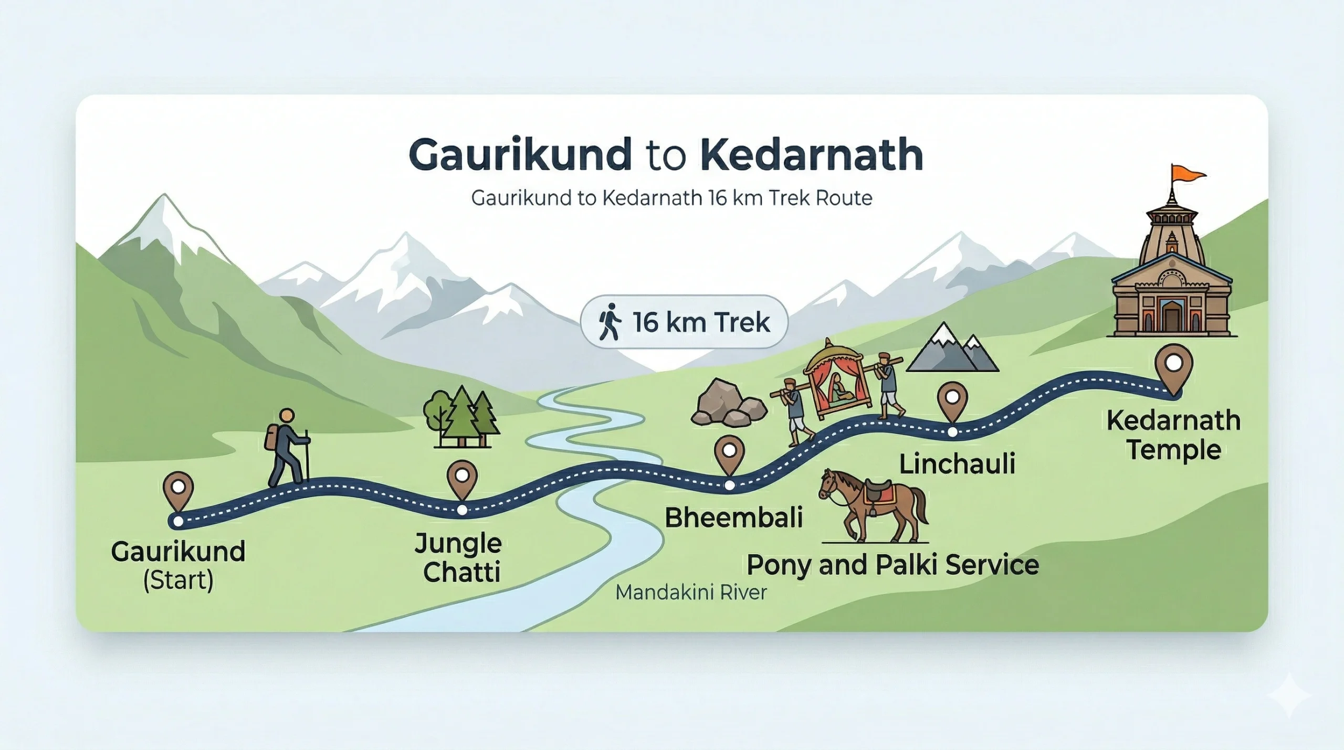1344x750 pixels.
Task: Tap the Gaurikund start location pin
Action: point(178,488)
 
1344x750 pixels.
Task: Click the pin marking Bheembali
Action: point(729,452)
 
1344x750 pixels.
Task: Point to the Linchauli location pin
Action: point(952,399)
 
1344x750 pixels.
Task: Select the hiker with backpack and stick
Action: point(286,449)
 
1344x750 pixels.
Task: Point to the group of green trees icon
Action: point(461,417)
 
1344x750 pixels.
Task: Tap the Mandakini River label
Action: point(691,593)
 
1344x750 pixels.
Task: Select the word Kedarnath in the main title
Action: point(811,155)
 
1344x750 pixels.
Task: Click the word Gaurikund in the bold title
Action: point(520,155)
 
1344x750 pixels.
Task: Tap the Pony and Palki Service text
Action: point(892,565)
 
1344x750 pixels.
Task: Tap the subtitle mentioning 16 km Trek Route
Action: point(671,198)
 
